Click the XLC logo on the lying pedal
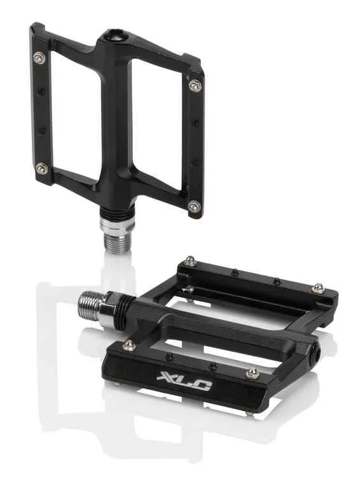click(x=184, y=379)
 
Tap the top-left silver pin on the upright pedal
click(x=39, y=57)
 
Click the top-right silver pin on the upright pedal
click(x=194, y=85)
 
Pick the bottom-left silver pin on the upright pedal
click(x=41, y=168)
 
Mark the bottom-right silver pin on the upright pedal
click(x=193, y=207)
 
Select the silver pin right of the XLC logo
click(x=253, y=373)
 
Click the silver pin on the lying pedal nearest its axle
click(x=129, y=345)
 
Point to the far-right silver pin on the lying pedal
click(x=317, y=288)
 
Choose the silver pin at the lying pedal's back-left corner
click(x=190, y=261)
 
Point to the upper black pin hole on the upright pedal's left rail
click(x=41, y=91)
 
